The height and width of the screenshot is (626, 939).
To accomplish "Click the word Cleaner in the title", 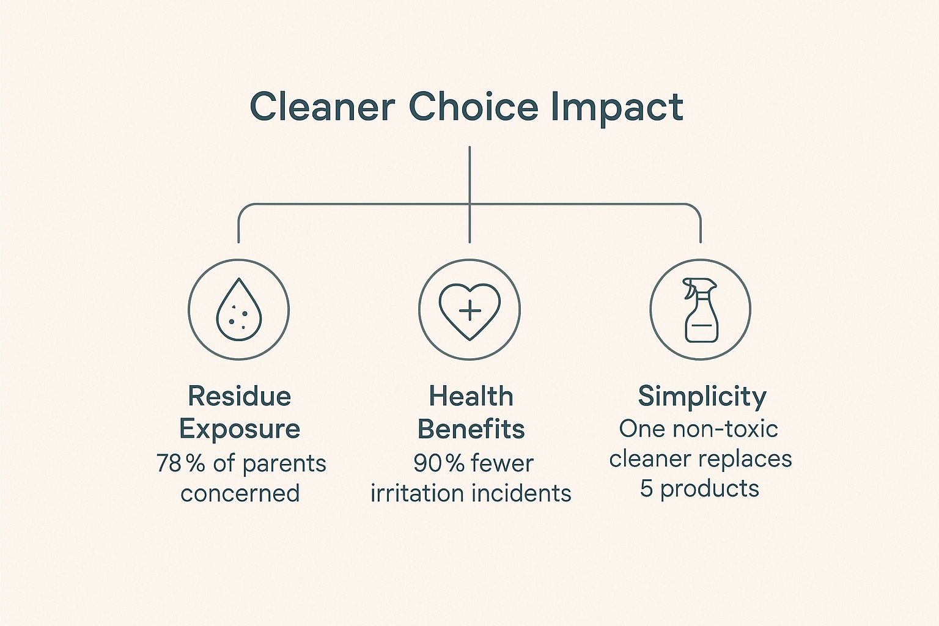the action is [322, 107].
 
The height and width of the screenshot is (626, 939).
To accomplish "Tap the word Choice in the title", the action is [473, 106].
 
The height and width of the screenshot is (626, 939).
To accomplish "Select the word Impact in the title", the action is [617, 109].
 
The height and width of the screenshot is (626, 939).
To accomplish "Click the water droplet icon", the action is [239, 309].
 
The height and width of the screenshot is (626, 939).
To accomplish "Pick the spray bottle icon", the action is [700, 310].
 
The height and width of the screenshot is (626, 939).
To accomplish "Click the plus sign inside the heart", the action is [470, 311].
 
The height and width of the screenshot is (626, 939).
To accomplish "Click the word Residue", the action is [240, 396].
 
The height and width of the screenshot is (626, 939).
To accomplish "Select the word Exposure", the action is [240, 429].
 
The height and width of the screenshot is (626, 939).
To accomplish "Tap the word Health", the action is [471, 396].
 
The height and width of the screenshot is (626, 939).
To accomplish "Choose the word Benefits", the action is [471, 429].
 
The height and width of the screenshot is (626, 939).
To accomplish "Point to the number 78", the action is [169, 463].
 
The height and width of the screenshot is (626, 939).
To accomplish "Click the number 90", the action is [427, 463].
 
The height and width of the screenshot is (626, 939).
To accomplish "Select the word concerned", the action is [240, 493].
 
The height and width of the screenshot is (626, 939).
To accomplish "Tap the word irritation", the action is [418, 493].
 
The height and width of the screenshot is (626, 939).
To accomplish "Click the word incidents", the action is [521, 493].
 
